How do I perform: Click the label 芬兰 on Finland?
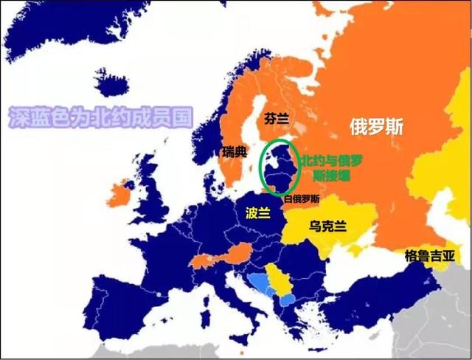point(276,117)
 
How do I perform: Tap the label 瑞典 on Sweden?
point(234,152)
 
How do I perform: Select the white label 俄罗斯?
point(376,126)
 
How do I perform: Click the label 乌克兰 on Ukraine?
point(329,226)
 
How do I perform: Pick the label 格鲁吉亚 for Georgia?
point(429,256)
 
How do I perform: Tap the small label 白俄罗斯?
point(302,198)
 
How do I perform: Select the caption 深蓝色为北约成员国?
point(100,117)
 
